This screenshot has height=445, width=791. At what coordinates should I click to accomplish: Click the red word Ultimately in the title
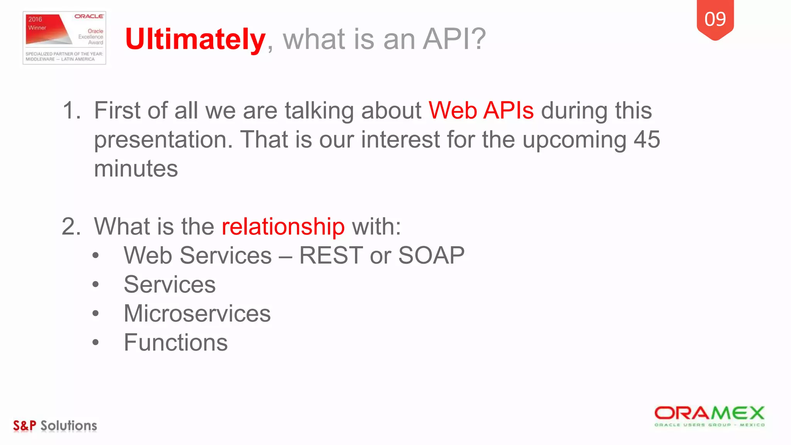[195, 39]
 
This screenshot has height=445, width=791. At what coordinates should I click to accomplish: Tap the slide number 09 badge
[715, 19]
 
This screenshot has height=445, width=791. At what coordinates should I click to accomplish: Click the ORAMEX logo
[709, 416]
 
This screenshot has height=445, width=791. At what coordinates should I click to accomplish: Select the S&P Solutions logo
[55, 425]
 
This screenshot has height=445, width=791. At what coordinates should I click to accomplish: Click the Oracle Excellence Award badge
[64, 38]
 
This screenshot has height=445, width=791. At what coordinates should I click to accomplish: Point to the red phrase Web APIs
[481, 110]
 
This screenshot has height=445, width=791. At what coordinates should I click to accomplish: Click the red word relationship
[283, 226]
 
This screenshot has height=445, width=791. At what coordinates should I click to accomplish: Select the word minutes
[136, 169]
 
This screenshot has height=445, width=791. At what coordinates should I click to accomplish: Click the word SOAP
[431, 255]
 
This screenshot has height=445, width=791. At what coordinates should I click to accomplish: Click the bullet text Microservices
[197, 313]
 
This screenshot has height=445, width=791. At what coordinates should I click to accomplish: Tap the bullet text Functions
[176, 343]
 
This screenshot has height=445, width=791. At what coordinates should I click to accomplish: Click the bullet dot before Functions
[96, 342]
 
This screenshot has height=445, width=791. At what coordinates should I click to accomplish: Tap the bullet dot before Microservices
[96, 313]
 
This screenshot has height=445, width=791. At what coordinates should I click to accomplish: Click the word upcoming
[574, 140]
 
